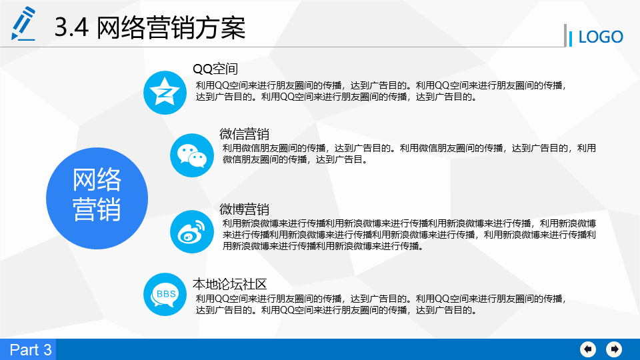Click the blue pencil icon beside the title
[23, 24]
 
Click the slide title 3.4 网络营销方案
[150, 28]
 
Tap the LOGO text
[601, 37]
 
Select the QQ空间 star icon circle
[165, 93]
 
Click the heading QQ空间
[215, 69]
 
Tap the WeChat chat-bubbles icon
[192, 155]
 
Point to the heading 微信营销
[244, 134]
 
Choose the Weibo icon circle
[192, 232]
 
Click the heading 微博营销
[244, 209]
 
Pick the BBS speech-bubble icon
[165, 294]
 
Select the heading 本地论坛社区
[230, 284]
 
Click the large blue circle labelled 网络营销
[97, 199]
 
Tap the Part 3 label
[31, 350]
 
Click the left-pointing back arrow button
[588, 349]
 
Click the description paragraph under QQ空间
[381, 91]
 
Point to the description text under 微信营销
[409, 153]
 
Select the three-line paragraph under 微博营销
[409, 235]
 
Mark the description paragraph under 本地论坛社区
[381, 305]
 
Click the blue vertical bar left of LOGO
[571, 39]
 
